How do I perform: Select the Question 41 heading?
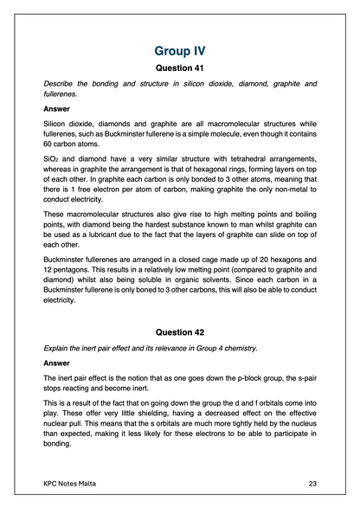point(179,68)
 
